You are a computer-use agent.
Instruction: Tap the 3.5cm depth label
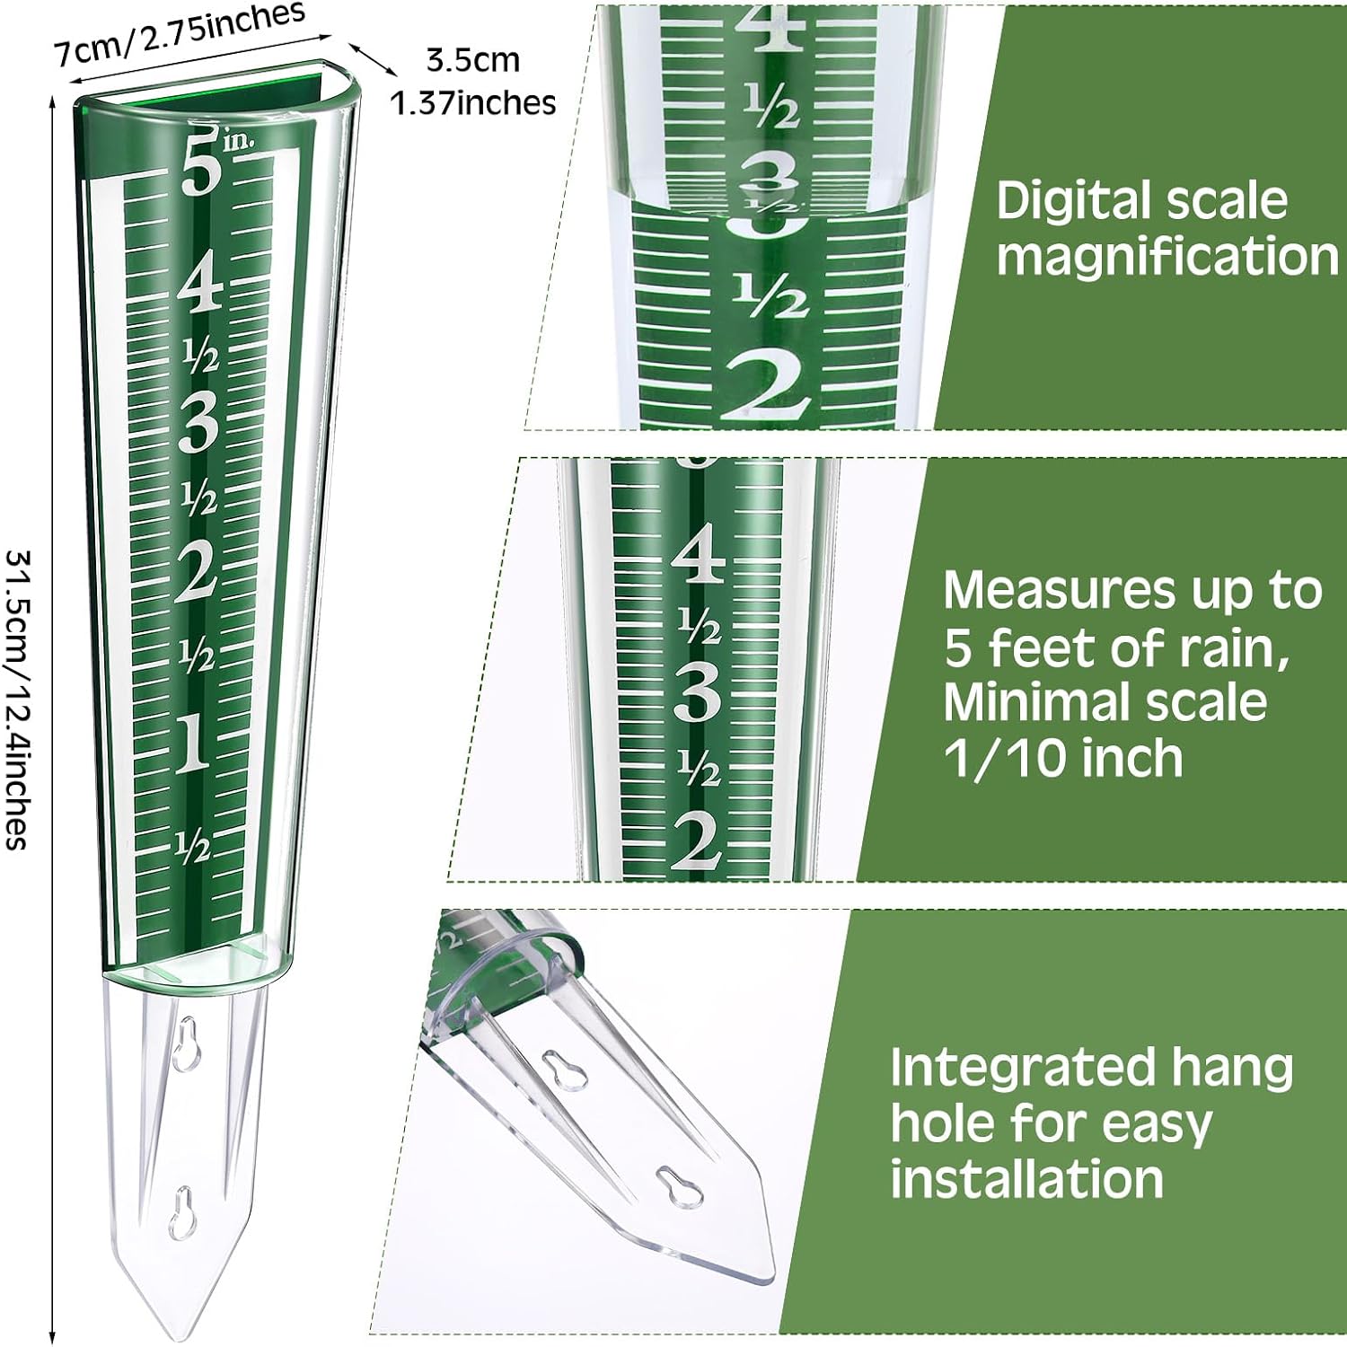point(472,60)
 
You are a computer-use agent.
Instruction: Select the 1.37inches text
point(472,103)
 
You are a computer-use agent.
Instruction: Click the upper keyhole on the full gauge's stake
point(186,1043)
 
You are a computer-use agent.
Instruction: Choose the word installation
point(1027,1178)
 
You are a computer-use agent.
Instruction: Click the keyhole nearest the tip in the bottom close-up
point(679,1184)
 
